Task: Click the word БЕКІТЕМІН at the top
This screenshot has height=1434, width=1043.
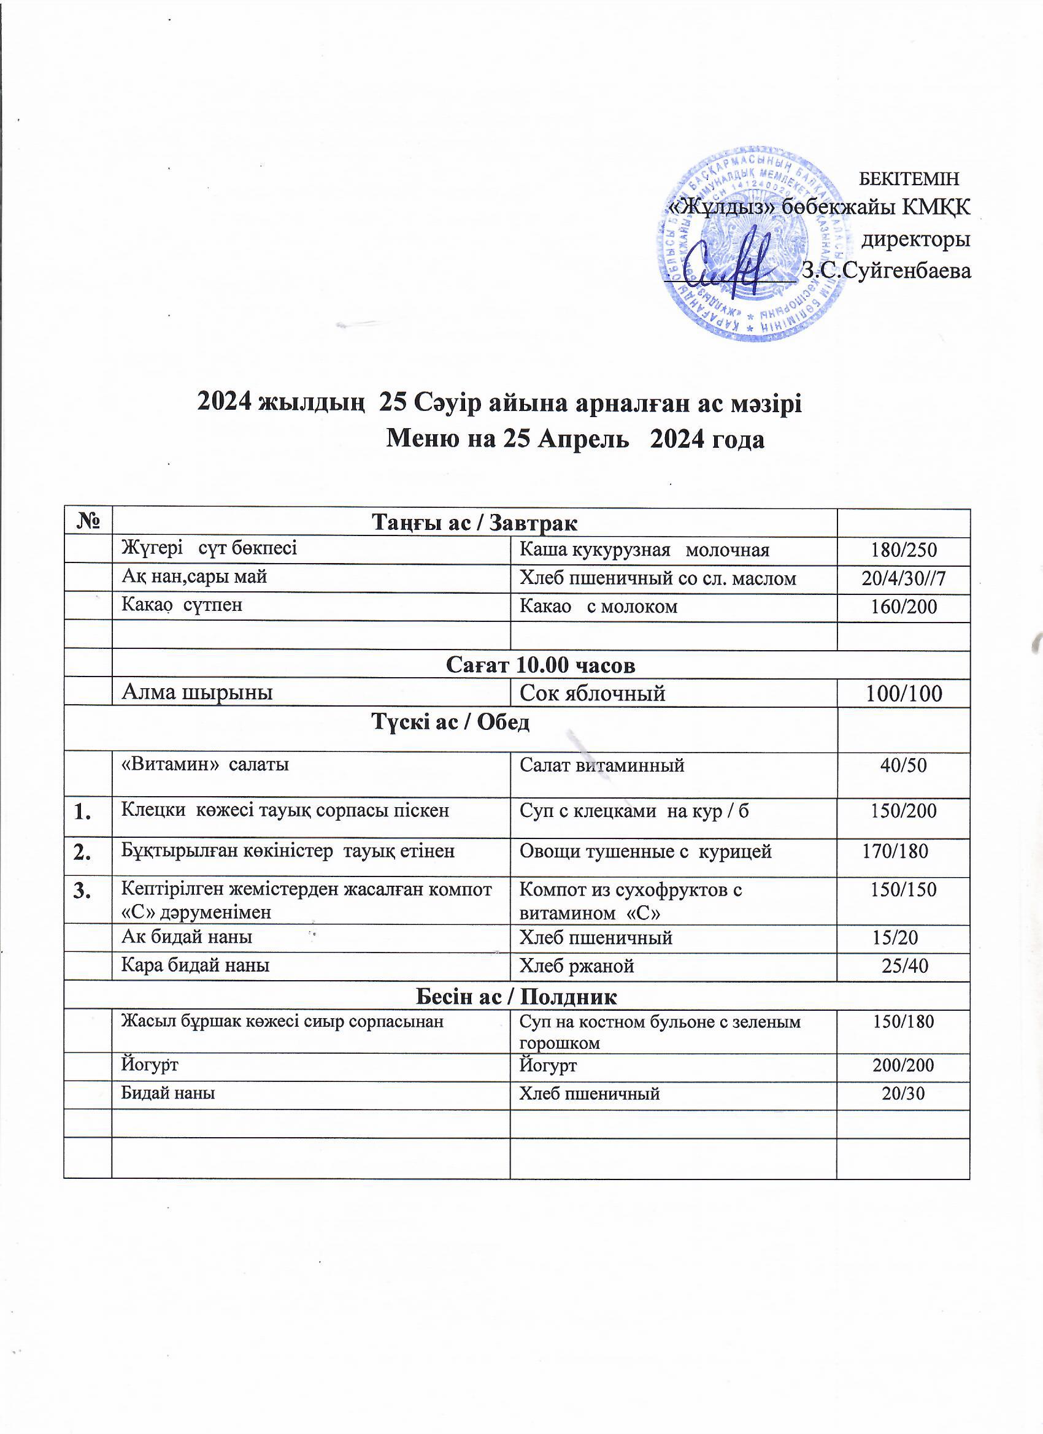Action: (909, 179)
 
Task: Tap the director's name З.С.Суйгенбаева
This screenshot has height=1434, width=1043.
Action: (885, 271)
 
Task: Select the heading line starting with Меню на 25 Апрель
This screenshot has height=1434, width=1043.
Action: (575, 439)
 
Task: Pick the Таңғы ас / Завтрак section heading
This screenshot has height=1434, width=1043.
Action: (474, 524)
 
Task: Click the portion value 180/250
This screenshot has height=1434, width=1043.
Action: (903, 551)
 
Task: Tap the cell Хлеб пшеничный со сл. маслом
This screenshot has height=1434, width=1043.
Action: (657, 578)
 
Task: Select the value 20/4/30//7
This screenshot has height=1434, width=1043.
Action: (903, 578)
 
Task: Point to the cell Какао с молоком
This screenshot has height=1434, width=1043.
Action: (598, 607)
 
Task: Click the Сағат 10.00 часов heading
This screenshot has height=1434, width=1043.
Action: (541, 664)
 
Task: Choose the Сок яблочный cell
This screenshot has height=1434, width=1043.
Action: (592, 694)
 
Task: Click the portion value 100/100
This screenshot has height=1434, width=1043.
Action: (903, 694)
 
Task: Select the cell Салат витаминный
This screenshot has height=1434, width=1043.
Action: (601, 765)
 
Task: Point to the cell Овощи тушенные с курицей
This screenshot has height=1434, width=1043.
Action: (645, 852)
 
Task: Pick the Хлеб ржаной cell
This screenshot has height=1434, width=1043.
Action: (576, 966)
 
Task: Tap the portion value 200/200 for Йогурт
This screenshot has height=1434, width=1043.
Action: (903, 1066)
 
